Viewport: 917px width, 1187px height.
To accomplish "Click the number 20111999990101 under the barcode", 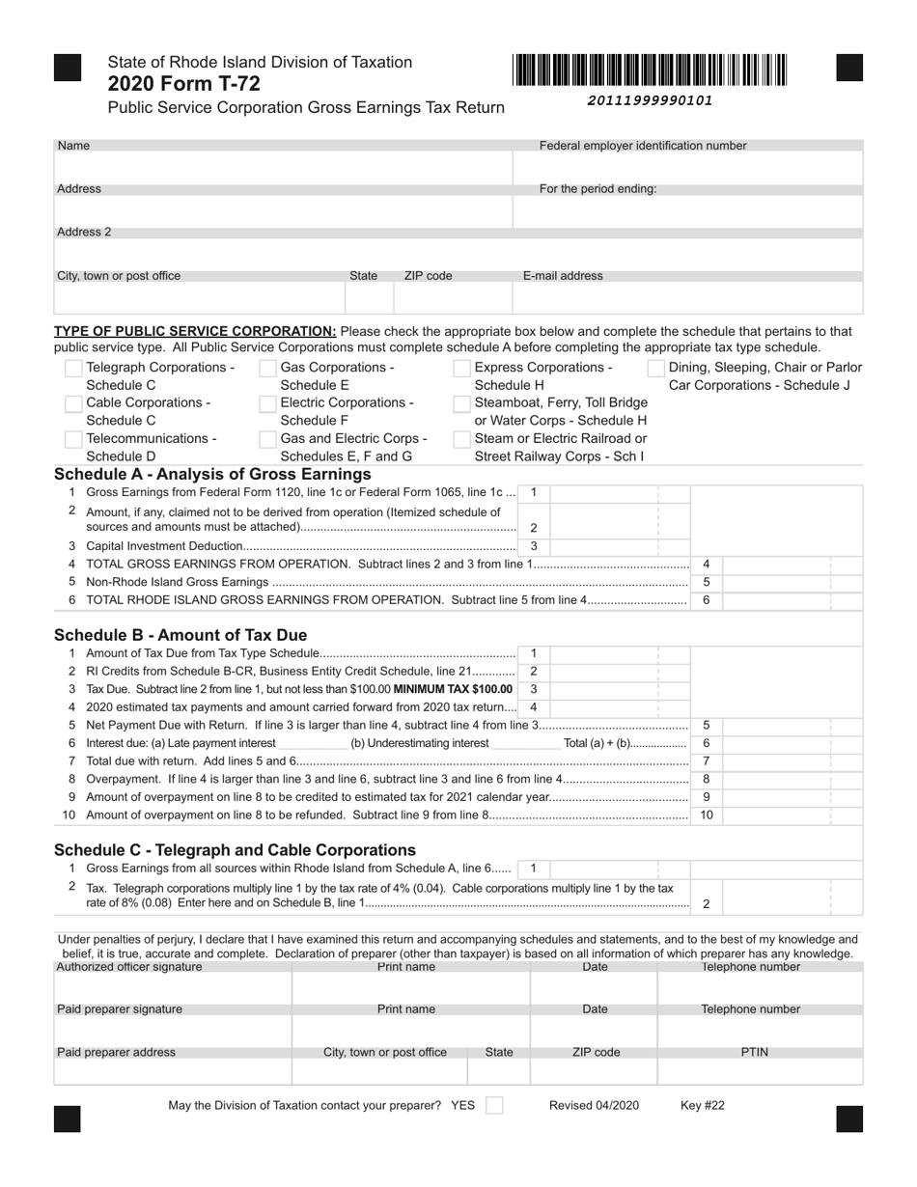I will [650, 100].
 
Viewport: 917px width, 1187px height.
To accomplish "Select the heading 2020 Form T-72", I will [183, 84].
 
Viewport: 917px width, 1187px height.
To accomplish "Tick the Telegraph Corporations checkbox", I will [73, 369].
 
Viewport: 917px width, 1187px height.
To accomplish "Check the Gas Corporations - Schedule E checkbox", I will [268, 369].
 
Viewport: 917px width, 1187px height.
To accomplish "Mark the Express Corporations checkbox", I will [461, 369].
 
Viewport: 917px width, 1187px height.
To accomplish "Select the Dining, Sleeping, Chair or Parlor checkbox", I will [656, 369].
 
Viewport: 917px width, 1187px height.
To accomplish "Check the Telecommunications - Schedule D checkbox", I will [73, 439].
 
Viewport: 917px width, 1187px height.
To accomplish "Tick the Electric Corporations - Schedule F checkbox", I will [268, 403].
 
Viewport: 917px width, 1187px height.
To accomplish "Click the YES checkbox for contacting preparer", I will [493, 1106].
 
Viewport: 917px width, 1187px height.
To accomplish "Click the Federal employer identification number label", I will [642, 146].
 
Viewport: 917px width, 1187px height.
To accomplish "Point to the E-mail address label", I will [563, 276].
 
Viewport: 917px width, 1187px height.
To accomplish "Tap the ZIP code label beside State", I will [428, 276].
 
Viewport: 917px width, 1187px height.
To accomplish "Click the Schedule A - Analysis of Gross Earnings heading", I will [212, 475].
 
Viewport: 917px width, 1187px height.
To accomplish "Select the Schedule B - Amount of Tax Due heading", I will [181, 635].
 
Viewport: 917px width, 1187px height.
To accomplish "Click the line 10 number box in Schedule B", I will [706, 815].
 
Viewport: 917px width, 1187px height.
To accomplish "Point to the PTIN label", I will [754, 1052].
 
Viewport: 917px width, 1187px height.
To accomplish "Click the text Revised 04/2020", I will [594, 1106].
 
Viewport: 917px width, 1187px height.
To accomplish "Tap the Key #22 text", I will [702, 1106].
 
